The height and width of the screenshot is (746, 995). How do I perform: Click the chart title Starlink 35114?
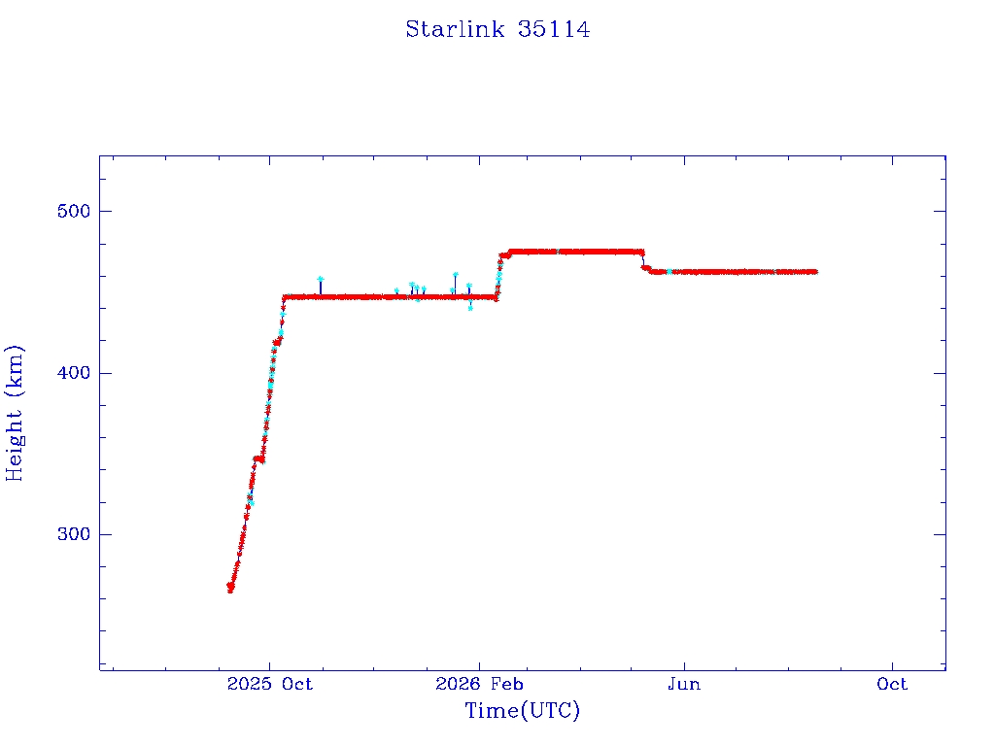coord(497,29)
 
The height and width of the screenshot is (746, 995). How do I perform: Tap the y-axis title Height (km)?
coord(14,414)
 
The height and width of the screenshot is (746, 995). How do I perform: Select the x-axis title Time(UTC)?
coord(522,710)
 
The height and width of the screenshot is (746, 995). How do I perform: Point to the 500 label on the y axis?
coord(74,211)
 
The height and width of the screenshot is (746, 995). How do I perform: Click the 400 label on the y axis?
coord(74,373)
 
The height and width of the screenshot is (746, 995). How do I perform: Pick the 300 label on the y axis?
coord(74,534)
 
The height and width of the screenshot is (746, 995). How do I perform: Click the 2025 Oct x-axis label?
coord(270,684)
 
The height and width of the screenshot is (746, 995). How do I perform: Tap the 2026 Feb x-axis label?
coord(479,684)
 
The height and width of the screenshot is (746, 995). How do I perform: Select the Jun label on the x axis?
coord(684,684)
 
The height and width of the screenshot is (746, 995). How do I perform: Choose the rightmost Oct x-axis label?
coord(892,684)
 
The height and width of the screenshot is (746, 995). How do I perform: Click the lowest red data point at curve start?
coord(230,591)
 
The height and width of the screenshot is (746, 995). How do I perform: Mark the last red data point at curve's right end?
coord(814,272)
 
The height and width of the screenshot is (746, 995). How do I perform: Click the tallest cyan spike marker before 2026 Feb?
coord(455,275)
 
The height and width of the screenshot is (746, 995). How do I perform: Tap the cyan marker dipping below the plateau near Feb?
coord(470,308)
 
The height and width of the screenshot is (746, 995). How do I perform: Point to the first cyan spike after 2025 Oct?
coord(321,279)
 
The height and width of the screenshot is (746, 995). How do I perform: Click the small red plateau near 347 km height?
coord(258,458)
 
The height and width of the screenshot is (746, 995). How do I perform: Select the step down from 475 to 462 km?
coord(643,260)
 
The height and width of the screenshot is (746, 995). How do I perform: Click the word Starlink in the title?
coord(455,29)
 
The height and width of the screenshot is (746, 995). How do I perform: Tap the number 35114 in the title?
coord(554,29)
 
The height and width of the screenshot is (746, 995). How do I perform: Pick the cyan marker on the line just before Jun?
coord(669,272)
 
